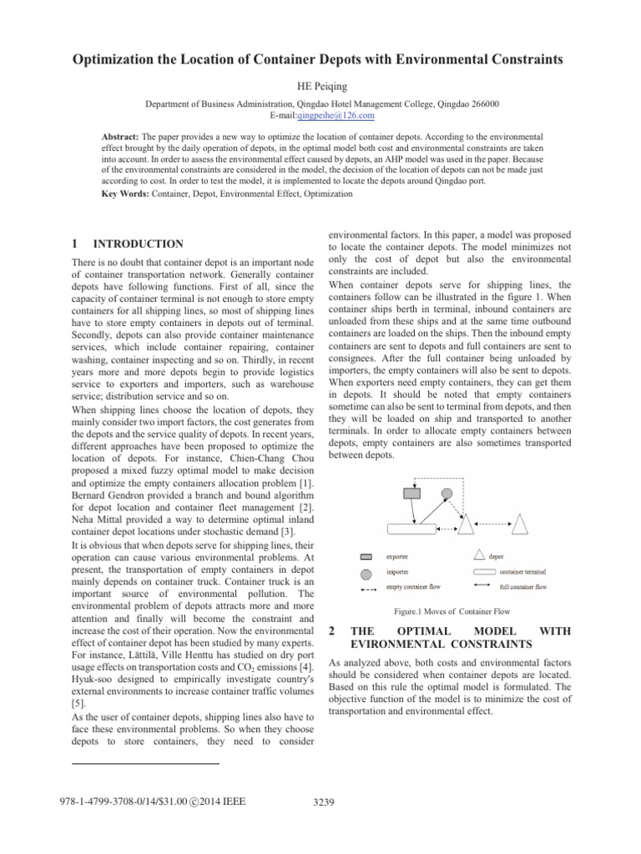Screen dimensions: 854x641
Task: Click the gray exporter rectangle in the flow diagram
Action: point(412,493)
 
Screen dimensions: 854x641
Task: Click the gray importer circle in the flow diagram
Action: point(447,493)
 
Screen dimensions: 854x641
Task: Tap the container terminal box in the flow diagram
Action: point(411,528)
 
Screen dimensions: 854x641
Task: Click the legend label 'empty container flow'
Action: point(415,587)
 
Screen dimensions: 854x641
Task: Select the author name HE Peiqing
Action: point(320,86)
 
